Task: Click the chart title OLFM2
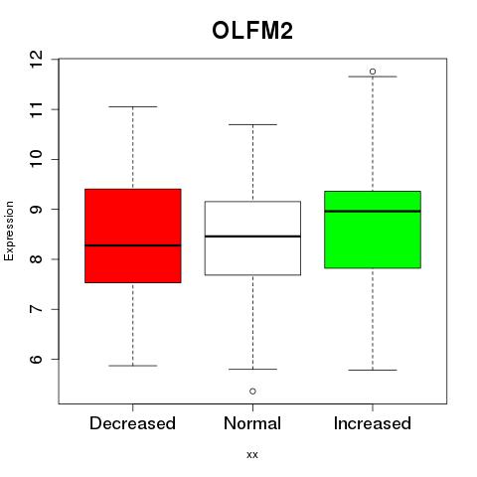pyautogui.click(x=252, y=31)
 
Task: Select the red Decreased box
pyautogui.click(x=133, y=236)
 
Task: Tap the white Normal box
pyautogui.click(x=252, y=238)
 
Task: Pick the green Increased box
pyautogui.click(x=373, y=230)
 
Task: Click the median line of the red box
pyautogui.click(x=133, y=245)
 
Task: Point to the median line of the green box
pyautogui.click(x=373, y=211)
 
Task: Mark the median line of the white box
pyautogui.click(x=252, y=237)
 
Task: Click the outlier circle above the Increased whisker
pyautogui.click(x=373, y=72)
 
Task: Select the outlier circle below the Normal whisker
pyautogui.click(x=252, y=392)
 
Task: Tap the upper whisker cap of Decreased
pyautogui.click(x=133, y=106)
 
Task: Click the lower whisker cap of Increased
pyautogui.click(x=373, y=370)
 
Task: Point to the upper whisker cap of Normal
pyautogui.click(x=252, y=124)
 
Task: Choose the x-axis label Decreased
pyautogui.click(x=132, y=423)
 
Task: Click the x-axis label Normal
pyautogui.click(x=252, y=423)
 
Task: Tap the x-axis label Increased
pyautogui.click(x=373, y=423)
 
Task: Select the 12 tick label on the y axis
pyautogui.click(x=36, y=60)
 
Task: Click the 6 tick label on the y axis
pyautogui.click(x=36, y=360)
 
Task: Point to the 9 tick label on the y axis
pyautogui.click(x=36, y=210)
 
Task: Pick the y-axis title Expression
pyautogui.click(x=9, y=231)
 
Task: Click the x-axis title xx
pyautogui.click(x=252, y=455)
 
